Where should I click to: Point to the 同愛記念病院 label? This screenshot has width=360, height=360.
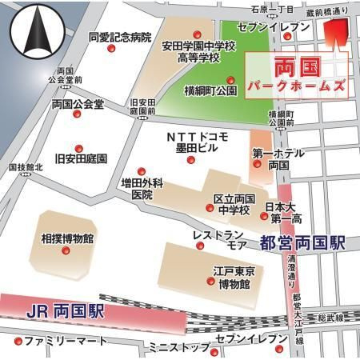tap(120, 37)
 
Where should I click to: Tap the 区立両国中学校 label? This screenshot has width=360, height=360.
tap(234, 204)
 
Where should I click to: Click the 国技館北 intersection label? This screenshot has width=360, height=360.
tap(25, 167)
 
